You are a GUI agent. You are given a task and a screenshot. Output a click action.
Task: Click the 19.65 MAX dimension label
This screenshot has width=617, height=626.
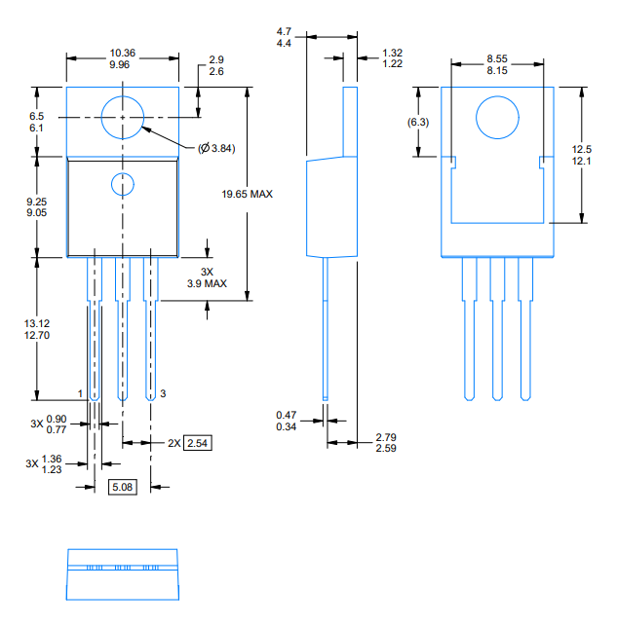pyautogui.click(x=247, y=194)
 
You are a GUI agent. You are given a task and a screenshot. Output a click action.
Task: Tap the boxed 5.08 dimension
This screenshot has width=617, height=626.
pyautogui.click(x=122, y=487)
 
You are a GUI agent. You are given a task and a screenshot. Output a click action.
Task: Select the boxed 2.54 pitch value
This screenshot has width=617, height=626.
pyautogui.click(x=198, y=443)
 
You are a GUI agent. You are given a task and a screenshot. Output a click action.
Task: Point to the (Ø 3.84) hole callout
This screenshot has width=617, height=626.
pyautogui.click(x=216, y=148)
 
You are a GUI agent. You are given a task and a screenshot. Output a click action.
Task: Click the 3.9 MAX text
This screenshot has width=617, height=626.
pyautogui.click(x=207, y=283)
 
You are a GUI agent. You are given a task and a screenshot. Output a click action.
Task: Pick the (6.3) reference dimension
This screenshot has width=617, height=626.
pyautogui.click(x=418, y=122)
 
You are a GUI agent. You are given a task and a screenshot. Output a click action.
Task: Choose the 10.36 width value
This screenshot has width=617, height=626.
pyautogui.click(x=123, y=53)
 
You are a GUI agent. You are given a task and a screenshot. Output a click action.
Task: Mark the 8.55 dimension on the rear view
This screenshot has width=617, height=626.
pyautogui.click(x=497, y=58)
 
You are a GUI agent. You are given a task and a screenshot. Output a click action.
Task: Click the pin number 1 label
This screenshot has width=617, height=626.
pyautogui.click(x=80, y=393)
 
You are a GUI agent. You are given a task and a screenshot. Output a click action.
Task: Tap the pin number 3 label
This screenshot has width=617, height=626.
pyautogui.click(x=163, y=393)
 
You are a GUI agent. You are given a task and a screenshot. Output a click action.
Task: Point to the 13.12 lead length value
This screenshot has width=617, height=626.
pyautogui.click(x=37, y=323)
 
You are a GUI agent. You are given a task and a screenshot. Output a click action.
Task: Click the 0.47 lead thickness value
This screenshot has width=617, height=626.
pyautogui.click(x=287, y=415)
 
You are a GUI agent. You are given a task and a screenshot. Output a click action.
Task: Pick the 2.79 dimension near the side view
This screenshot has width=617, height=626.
pyautogui.click(x=386, y=437)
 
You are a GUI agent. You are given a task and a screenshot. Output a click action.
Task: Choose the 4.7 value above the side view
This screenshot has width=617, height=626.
pyautogui.click(x=284, y=31)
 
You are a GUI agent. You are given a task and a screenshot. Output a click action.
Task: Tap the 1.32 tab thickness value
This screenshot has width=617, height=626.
pyautogui.click(x=393, y=53)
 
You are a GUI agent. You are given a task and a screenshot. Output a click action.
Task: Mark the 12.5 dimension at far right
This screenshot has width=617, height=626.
pyautogui.click(x=582, y=149)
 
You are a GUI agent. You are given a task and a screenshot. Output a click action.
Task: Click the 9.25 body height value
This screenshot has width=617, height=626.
pyautogui.click(x=37, y=202)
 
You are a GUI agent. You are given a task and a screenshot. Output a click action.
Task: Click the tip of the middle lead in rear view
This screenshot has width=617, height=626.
pyautogui.click(x=497, y=400)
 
